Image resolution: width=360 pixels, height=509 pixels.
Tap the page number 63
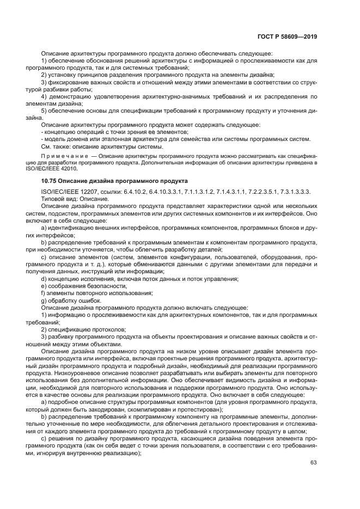pos(313,463)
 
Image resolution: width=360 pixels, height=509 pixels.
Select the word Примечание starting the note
pos(62,155)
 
